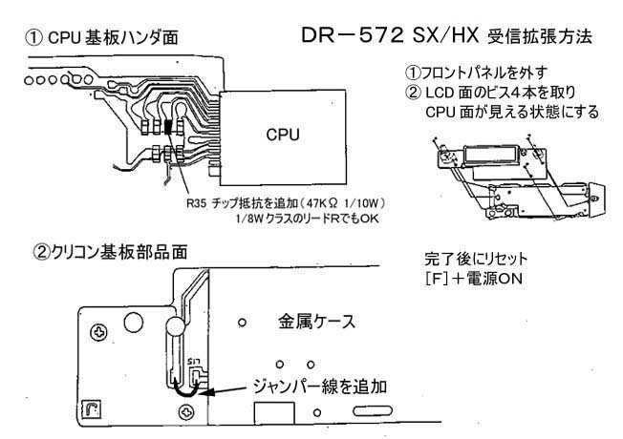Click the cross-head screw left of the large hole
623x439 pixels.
coord(99,331)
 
